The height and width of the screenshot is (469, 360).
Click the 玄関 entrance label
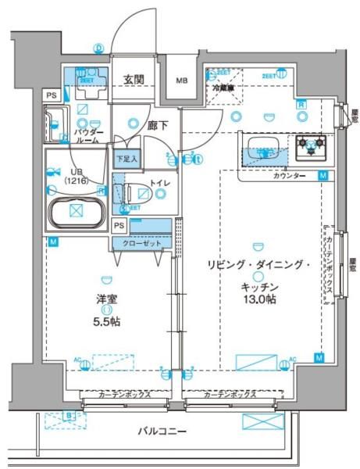134,79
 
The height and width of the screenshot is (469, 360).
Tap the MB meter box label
181,81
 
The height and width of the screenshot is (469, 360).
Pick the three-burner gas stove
311,145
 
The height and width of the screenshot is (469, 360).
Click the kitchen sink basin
266,148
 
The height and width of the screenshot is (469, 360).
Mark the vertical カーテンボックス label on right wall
330,266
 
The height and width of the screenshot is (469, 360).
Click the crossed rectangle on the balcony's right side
262,421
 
